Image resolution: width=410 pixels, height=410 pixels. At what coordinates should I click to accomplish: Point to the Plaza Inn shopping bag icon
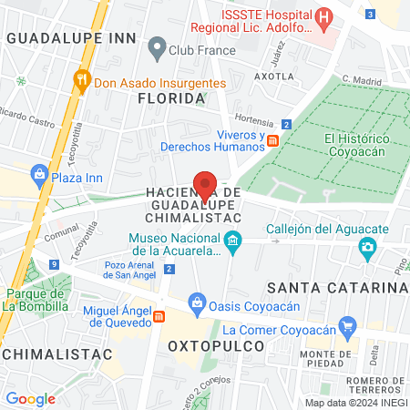click(x=38, y=173)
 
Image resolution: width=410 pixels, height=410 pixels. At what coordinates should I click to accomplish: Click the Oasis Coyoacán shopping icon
click(x=196, y=302)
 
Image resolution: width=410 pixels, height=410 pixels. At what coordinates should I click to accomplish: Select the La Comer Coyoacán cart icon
click(x=346, y=324)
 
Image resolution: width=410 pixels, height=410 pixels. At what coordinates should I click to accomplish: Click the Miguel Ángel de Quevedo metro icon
click(x=159, y=315)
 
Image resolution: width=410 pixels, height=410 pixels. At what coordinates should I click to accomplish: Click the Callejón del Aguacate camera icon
click(x=367, y=246)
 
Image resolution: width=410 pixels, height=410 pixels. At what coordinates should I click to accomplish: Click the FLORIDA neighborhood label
click(x=165, y=98)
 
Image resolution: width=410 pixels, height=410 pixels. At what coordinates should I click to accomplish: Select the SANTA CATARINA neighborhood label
click(x=334, y=288)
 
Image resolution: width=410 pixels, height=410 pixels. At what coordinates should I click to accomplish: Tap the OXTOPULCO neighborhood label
click(x=216, y=346)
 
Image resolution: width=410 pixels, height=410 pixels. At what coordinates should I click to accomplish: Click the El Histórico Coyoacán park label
click(x=357, y=144)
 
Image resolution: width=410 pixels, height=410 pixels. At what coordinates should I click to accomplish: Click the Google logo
click(x=30, y=398)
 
